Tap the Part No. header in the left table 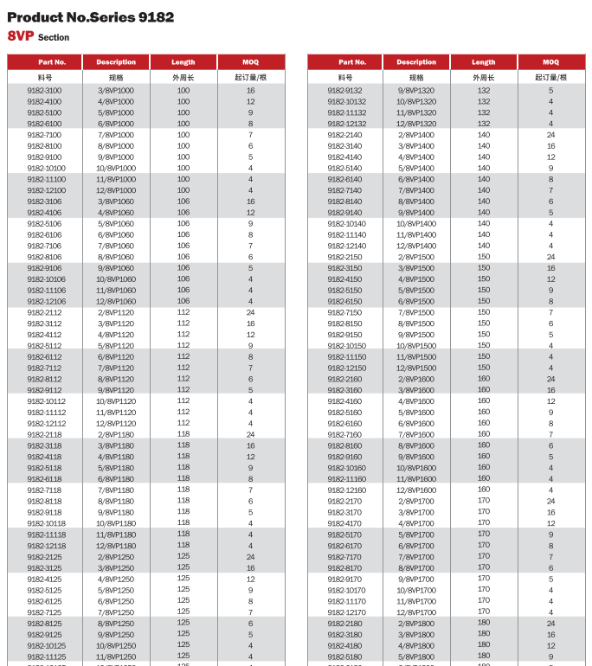click(44, 62)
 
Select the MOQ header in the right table click(550, 62)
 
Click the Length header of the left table click(183, 62)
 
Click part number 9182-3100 click(44, 91)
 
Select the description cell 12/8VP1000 click(116, 190)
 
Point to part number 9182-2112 click(44, 313)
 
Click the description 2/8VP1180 click(116, 435)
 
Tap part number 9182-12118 click(44, 546)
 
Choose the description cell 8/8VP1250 click(116, 624)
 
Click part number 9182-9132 click(345, 91)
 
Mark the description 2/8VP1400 click(416, 135)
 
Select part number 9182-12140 click(345, 246)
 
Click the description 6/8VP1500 click(416, 302)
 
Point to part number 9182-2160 click(345, 380)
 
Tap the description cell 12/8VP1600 click(416, 490)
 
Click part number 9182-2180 click(345, 624)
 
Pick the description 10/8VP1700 click(416, 591)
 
